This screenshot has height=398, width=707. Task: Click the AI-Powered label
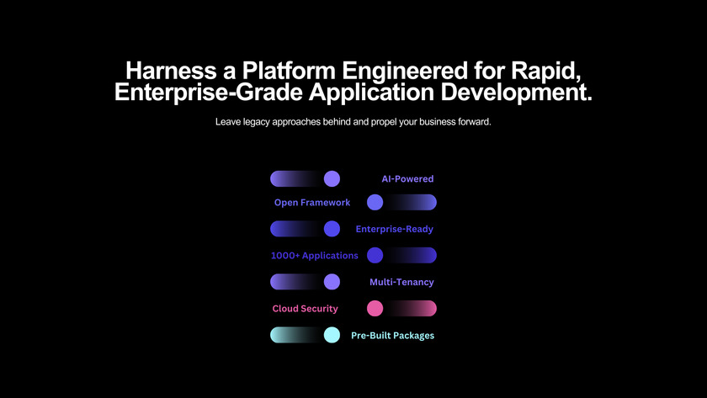tap(407, 179)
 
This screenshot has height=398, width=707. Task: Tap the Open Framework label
tap(312, 203)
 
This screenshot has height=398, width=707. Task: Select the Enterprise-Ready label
tap(395, 229)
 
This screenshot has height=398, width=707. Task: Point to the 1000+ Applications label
tap(314, 256)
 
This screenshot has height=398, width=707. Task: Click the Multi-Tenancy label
tap(401, 283)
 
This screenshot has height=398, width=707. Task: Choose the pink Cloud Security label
tap(305, 309)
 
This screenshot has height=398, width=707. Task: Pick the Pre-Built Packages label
tap(392, 336)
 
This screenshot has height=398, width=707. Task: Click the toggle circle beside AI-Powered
tap(332, 178)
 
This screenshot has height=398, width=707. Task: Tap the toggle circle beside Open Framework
tap(375, 202)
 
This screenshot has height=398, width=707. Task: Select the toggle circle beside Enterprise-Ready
tap(332, 229)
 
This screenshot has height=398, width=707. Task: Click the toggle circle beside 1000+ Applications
tap(375, 255)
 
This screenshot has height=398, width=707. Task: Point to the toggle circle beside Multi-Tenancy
tap(332, 282)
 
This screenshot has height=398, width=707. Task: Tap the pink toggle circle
tap(375, 308)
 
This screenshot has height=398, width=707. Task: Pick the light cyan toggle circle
tap(332, 335)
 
